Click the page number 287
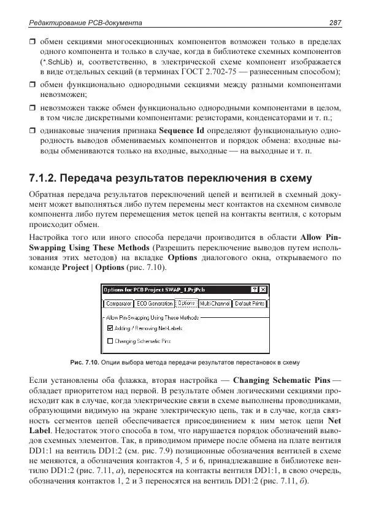(334, 23)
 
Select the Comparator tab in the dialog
(118, 304)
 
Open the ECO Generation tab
(155, 304)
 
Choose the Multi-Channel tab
(215, 304)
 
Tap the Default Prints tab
(250, 304)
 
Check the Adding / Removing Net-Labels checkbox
(110, 328)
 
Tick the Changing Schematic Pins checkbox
(110, 340)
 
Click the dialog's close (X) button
(263, 290)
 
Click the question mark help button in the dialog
(255, 290)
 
